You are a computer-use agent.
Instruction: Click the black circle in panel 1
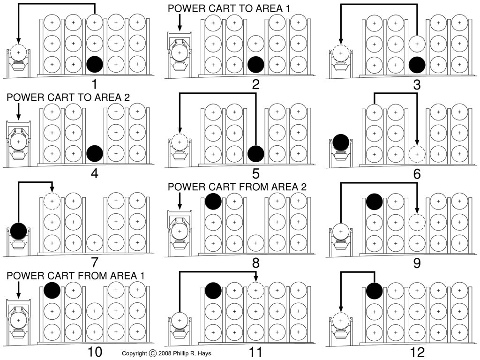click(95, 64)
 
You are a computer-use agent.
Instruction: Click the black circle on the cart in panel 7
click(19, 230)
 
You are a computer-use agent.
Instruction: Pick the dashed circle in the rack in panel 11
click(256, 290)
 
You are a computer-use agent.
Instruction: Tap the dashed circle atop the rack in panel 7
click(52, 201)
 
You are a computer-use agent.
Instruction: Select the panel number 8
click(255, 262)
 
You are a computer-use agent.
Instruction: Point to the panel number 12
click(416, 352)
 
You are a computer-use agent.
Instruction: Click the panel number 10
click(95, 352)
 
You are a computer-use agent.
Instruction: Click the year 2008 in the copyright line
click(168, 353)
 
